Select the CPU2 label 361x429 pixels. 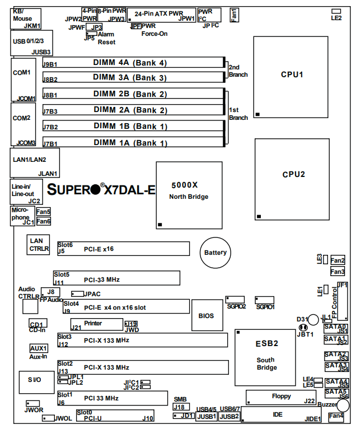pyautogui.click(x=293, y=174)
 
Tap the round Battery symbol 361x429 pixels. pyautogui.click(x=215, y=253)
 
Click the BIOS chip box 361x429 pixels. pyautogui.click(x=206, y=316)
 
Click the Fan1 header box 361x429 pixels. pyautogui.click(x=234, y=13)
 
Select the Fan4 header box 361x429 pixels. pyautogui.click(x=336, y=416)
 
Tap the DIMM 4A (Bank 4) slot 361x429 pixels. pyautogui.click(x=134, y=63)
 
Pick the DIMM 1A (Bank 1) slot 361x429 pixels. pyautogui.click(x=134, y=143)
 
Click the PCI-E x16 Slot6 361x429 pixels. pyautogui.click(x=123, y=249)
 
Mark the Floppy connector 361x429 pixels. pyautogui.click(x=281, y=397)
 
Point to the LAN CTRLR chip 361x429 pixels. pyautogui.click(x=40, y=244)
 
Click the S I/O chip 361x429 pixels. pyautogui.click(x=35, y=380)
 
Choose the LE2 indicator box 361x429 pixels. pyautogui.click(x=336, y=11)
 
